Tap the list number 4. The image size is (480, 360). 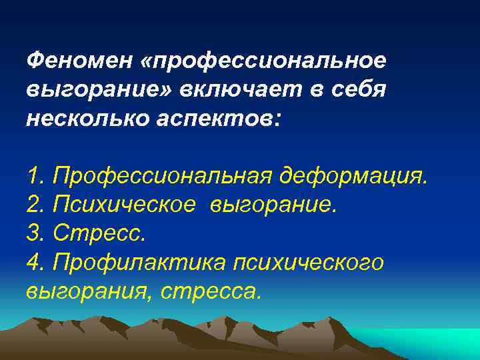point(35,263)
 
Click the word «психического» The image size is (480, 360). point(308,263)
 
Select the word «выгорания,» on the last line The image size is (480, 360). point(86,291)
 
